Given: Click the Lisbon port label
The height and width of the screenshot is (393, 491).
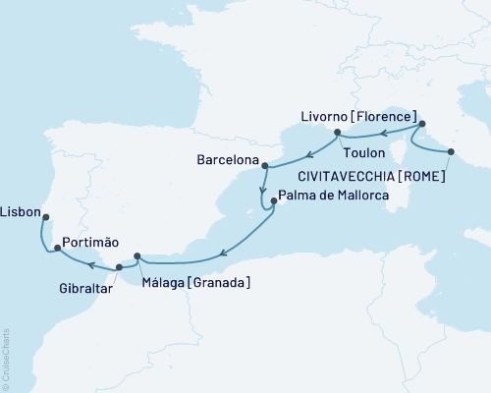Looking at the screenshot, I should tap(21, 210).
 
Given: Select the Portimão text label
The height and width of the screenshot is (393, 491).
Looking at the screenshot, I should tap(90, 242).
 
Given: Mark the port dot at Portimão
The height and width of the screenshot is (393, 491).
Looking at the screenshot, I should tap(58, 249).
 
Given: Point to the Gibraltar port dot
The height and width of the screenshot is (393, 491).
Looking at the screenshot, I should tap(119, 266).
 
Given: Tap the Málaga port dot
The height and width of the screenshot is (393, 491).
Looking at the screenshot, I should tap(137, 257).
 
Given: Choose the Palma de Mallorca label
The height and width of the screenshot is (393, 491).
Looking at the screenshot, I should tap(334, 196).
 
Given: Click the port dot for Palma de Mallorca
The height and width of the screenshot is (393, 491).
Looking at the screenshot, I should tap(270, 204).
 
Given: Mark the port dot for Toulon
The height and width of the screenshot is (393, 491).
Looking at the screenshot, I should tap(337, 132).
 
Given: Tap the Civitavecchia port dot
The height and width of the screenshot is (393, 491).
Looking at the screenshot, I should tap(451, 151).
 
